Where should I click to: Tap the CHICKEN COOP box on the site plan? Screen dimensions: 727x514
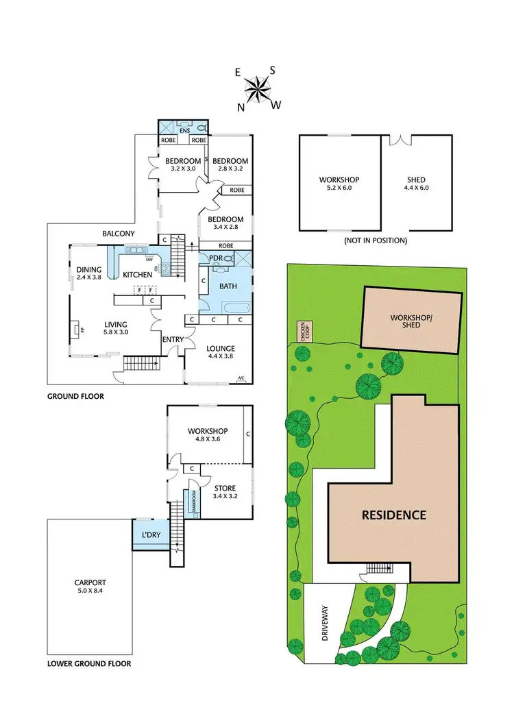(302, 331)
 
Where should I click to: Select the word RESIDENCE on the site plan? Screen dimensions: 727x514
(395, 515)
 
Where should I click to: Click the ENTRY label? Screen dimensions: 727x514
(172, 339)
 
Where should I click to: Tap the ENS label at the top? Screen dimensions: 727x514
(184, 129)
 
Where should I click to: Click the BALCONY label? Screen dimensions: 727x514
(119, 234)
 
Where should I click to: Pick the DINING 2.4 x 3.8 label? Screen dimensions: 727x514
(88, 273)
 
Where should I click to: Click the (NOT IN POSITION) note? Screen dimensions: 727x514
(376, 241)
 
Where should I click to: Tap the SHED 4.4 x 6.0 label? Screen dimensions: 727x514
(417, 184)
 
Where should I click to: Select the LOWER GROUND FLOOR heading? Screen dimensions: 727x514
(89, 664)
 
